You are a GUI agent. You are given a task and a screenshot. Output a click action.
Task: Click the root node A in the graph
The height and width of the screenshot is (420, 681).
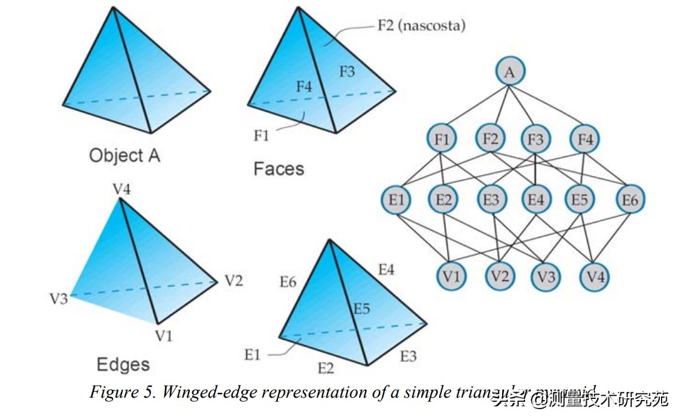pyautogui.click(x=510, y=73)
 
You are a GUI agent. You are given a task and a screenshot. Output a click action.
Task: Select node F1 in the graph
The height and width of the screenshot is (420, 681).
pyautogui.click(x=441, y=140)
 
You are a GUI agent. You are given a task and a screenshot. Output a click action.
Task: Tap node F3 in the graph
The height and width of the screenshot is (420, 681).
pyautogui.click(x=536, y=140)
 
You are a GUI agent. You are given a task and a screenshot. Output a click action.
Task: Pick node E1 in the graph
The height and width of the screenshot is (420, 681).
pyautogui.click(x=396, y=200)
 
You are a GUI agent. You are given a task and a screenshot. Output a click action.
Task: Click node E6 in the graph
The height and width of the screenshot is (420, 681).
pyautogui.click(x=630, y=200)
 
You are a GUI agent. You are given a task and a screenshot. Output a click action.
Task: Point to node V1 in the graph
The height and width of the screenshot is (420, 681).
pyautogui.click(x=451, y=277)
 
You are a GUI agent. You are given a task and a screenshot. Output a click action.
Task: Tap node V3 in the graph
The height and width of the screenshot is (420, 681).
pyautogui.click(x=546, y=277)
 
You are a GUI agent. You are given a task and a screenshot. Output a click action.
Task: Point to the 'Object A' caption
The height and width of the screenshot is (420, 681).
pyautogui.click(x=124, y=155)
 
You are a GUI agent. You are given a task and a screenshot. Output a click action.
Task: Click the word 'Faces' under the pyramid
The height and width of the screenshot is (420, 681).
pyautogui.click(x=279, y=168)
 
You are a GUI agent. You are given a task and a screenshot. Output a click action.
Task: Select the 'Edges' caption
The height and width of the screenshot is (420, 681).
pyautogui.click(x=123, y=364)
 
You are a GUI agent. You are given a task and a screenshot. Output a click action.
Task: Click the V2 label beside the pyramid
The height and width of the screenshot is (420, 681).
pyautogui.click(x=234, y=280)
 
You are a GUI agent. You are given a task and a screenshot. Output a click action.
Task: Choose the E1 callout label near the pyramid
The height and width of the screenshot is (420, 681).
pyautogui.click(x=252, y=355)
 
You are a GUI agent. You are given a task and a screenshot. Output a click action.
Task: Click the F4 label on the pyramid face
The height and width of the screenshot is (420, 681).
pyautogui.click(x=304, y=87)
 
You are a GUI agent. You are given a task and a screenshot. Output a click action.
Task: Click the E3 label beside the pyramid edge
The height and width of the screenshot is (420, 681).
pyautogui.click(x=408, y=356)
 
